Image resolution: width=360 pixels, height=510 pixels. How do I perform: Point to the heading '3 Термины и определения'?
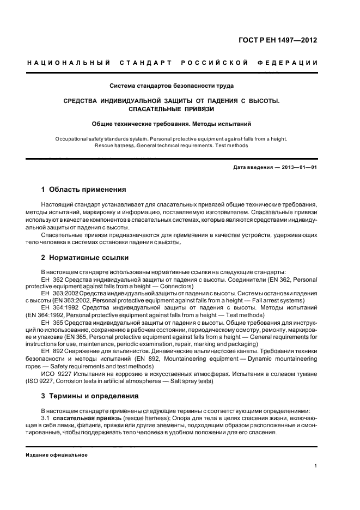tap(90, 396)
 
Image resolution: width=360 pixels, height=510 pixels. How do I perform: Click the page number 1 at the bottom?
tap(316, 465)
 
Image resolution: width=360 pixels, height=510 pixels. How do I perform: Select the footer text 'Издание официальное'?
tap(57, 454)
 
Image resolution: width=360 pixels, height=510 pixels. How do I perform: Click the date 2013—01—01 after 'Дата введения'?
tap(297, 167)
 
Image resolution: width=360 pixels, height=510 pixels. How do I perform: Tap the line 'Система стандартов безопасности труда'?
tap(172, 86)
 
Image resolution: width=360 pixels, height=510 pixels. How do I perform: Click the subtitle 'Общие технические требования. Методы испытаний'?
tap(172, 124)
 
